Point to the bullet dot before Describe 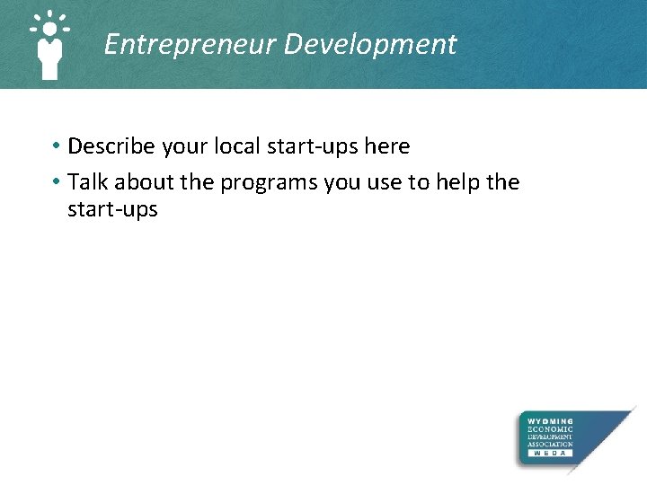point(56,145)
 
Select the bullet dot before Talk point(56,182)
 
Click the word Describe point(111,145)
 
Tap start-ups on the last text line point(112,210)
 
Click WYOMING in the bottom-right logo point(550,421)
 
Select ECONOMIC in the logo point(550,429)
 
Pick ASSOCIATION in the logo point(550,445)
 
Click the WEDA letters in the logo point(550,454)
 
